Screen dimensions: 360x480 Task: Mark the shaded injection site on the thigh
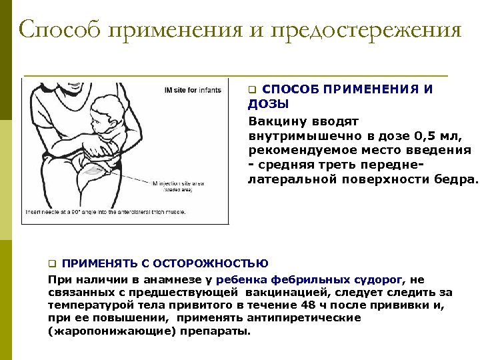(x=97, y=171)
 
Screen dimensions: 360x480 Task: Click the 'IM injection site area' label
(x=176, y=183)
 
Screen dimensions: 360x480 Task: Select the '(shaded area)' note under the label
(x=177, y=189)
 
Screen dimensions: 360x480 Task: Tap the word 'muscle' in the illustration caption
(x=175, y=211)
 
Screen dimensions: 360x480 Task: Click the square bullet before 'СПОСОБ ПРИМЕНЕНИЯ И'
(x=252, y=89)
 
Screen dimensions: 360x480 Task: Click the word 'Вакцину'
(x=275, y=121)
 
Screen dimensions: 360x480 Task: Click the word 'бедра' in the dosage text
(x=460, y=179)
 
